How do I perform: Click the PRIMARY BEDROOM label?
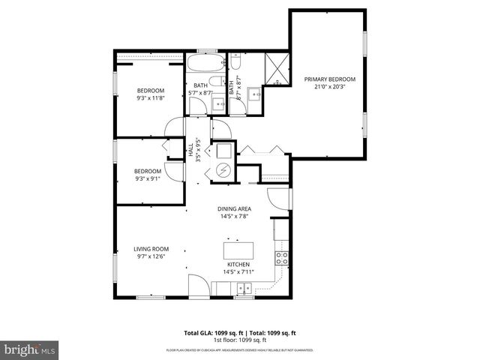tap(329, 79)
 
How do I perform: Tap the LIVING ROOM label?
tap(151, 249)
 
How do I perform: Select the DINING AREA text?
tap(235, 209)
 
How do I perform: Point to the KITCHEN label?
tap(238, 265)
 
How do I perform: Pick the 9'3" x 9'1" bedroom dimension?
tap(148, 178)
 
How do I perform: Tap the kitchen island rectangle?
tap(238, 250)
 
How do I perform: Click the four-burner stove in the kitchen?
tap(282, 259)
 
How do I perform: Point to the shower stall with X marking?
tap(278, 67)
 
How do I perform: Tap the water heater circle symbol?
tap(223, 170)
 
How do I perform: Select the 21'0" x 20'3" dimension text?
tap(329, 86)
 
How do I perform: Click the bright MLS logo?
tap(30, 349)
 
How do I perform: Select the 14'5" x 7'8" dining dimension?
tap(235, 217)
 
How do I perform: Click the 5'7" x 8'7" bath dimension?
tap(200, 94)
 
